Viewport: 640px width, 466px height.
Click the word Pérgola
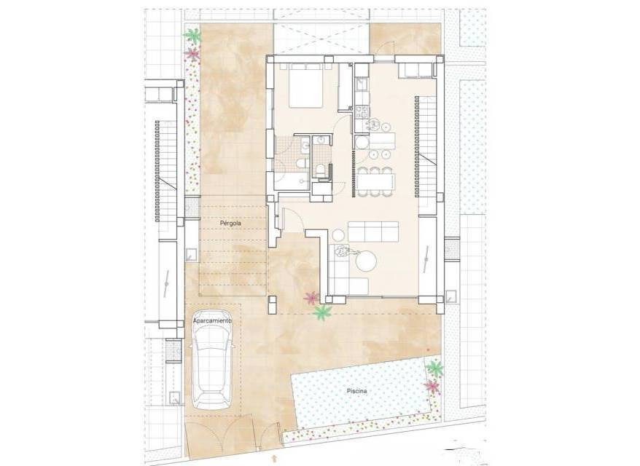coord(230,224)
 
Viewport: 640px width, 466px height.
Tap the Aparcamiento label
coord(212,321)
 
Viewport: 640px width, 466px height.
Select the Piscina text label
coord(356,391)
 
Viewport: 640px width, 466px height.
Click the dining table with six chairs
coord(375,181)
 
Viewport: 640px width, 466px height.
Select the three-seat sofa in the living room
coord(373,232)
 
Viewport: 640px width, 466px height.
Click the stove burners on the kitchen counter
coord(362,111)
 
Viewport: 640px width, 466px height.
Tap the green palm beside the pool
coord(434,368)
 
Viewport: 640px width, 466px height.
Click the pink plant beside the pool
coord(432,386)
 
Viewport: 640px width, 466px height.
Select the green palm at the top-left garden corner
coord(192,36)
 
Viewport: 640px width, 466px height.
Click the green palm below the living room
coord(323,312)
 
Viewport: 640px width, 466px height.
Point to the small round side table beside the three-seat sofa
coord(339,235)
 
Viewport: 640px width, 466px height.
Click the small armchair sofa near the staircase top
coord(414,70)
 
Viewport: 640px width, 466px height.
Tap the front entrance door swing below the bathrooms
coord(292,219)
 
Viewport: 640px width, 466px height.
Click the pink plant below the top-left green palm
coord(192,53)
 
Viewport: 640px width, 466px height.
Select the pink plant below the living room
coord(311,298)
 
